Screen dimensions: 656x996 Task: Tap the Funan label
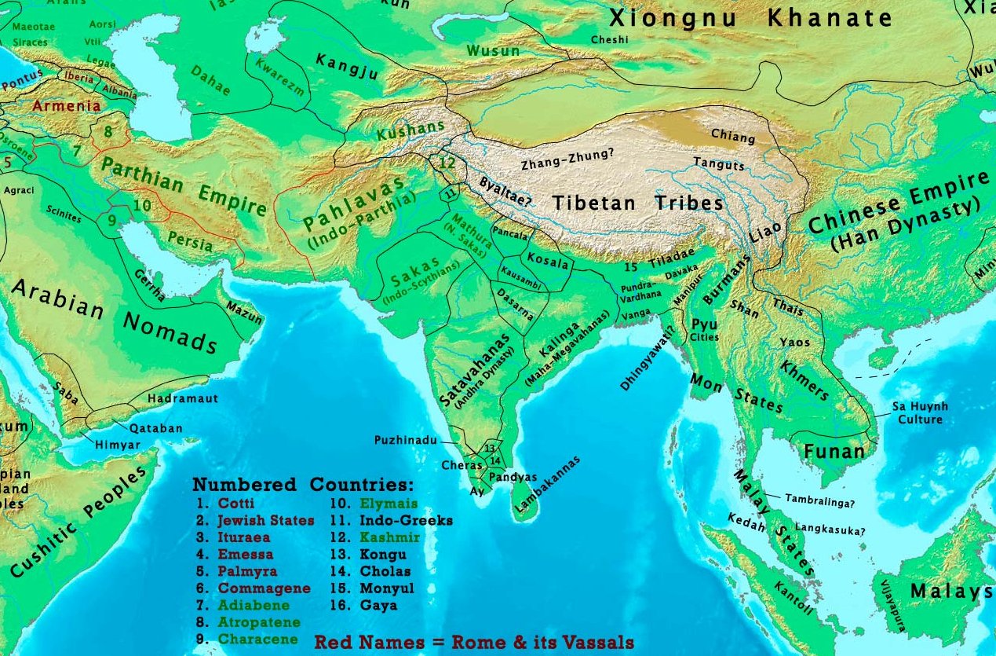(x=834, y=451)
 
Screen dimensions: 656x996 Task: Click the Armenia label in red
(x=66, y=106)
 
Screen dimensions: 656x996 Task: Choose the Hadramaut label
(x=182, y=398)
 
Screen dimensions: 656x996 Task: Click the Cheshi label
(x=610, y=39)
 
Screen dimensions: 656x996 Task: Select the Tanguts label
(x=718, y=164)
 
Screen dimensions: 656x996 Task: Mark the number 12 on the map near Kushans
(x=447, y=164)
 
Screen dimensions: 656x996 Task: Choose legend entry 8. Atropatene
(x=244, y=622)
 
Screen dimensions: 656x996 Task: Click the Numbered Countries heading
(x=303, y=484)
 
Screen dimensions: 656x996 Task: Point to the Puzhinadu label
(x=405, y=441)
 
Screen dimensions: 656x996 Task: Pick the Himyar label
(x=117, y=445)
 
